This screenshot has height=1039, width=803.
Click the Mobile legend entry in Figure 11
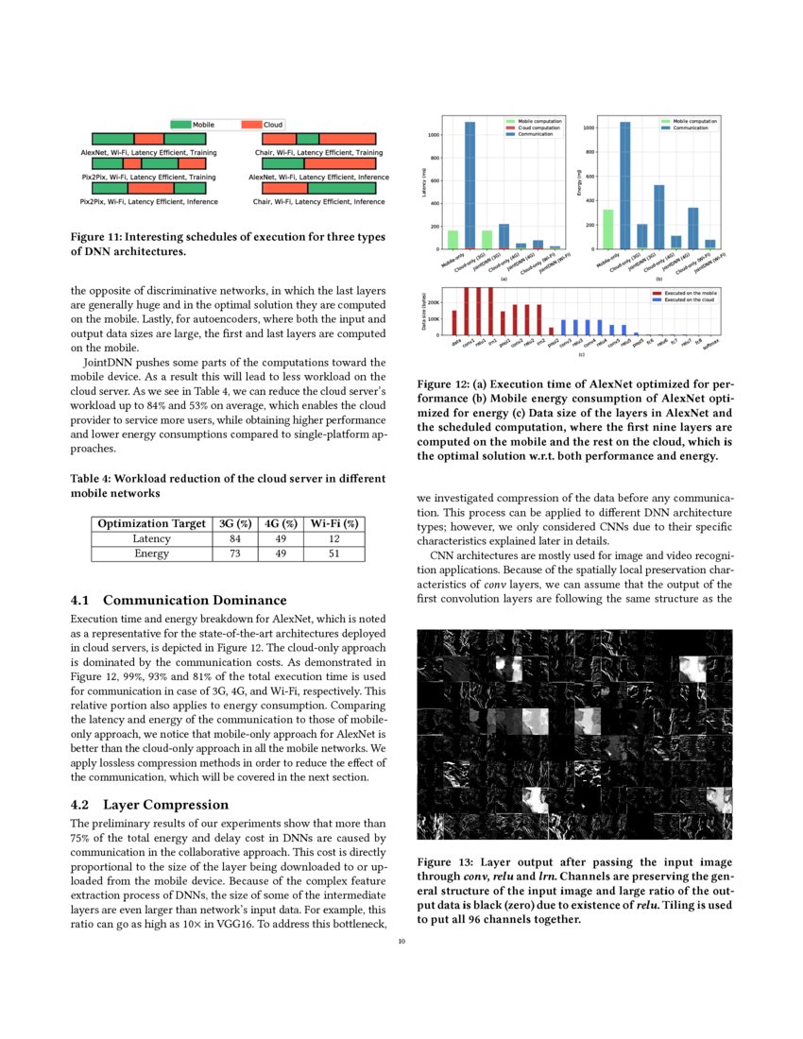193,125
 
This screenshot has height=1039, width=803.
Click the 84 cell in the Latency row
235,538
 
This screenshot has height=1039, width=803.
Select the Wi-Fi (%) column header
333,523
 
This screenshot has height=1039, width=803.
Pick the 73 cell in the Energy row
235,554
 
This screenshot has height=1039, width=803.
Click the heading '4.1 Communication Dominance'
179,600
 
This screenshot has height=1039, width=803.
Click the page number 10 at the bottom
401,941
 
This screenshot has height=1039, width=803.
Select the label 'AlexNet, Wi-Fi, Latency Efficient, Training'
148,152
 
